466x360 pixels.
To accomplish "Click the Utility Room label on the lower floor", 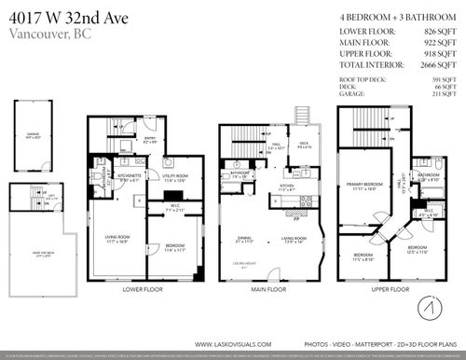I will (x=176, y=176).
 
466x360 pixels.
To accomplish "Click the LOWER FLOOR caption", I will (x=144, y=289).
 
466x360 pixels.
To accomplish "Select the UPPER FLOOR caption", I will (x=385, y=289).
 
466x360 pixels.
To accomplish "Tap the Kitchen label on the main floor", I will (x=287, y=185).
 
